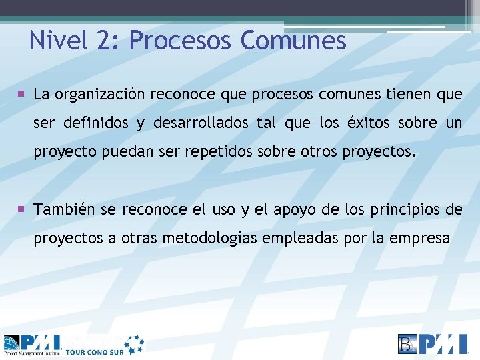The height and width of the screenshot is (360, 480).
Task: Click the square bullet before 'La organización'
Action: click(23, 94)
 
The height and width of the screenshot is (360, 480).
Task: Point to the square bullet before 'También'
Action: click(23, 209)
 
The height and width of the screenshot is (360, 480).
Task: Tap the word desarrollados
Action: click(206, 123)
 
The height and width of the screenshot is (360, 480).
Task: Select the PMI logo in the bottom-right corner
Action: click(434, 343)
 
